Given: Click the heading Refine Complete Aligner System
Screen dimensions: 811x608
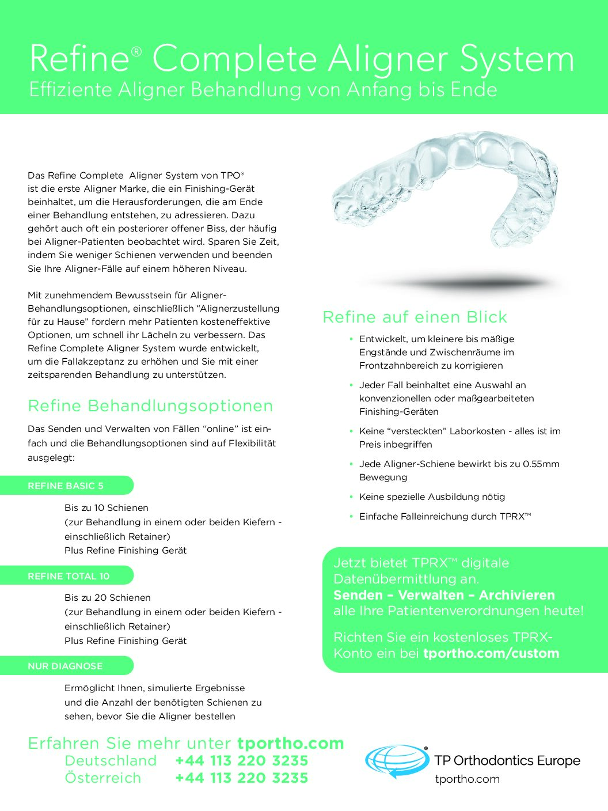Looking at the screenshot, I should coord(302,59).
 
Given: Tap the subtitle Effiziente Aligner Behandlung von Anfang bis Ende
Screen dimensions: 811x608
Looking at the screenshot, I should coord(263,90).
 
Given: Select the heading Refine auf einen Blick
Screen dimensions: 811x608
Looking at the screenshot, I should coord(415,317).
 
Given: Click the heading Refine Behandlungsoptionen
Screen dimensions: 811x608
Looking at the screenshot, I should coord(150,406).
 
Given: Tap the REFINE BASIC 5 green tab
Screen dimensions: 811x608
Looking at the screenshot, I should coord(66,486).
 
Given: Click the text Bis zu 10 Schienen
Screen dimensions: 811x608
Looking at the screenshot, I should coord(107,508).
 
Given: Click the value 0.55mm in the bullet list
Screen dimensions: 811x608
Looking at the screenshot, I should coord(541,464).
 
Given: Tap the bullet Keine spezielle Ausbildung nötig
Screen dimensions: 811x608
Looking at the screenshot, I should coord(432,497).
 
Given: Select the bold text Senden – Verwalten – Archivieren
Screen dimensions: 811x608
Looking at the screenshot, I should coord(444,596).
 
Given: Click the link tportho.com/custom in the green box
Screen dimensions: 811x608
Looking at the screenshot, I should coord(491,654).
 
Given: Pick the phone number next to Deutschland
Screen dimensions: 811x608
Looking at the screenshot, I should coord(242,761).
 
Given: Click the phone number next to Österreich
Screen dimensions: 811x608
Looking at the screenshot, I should coord(242,778).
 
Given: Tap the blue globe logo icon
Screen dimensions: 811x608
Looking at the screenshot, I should coord(396,761).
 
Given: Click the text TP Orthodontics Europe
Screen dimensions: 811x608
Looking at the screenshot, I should coord(507,761).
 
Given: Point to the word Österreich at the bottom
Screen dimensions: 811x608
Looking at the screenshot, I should coord(103,778).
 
